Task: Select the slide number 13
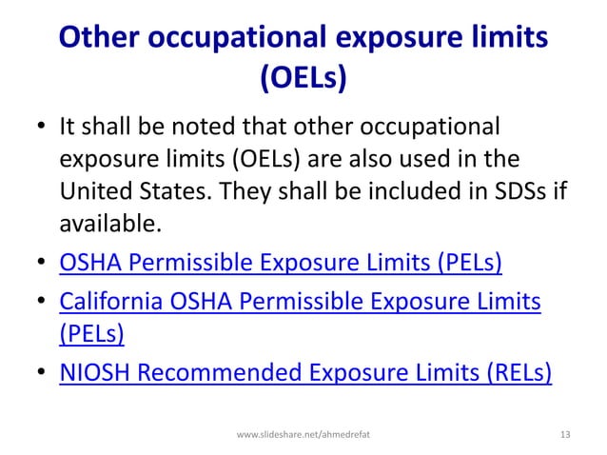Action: [566, 435]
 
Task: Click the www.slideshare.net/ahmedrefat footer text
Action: [303, 435]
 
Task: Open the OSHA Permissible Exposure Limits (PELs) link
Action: [281, 261]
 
